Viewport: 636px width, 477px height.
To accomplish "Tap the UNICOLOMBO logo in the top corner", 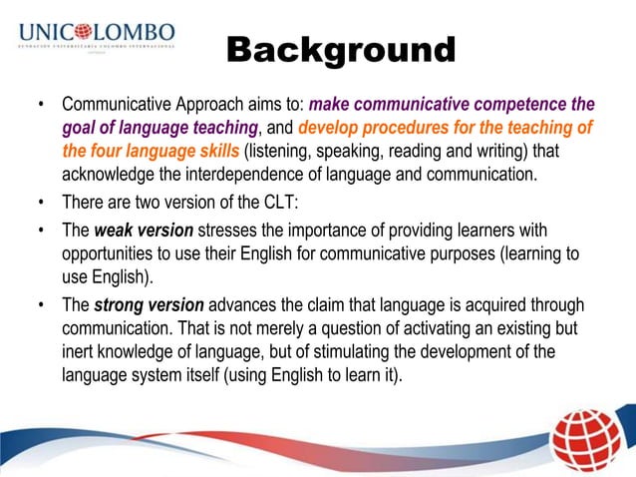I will [x=97, y=37].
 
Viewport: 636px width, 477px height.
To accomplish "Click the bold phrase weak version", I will [x=139, y=232].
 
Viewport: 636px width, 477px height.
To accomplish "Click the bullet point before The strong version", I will [x=41, y=304].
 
